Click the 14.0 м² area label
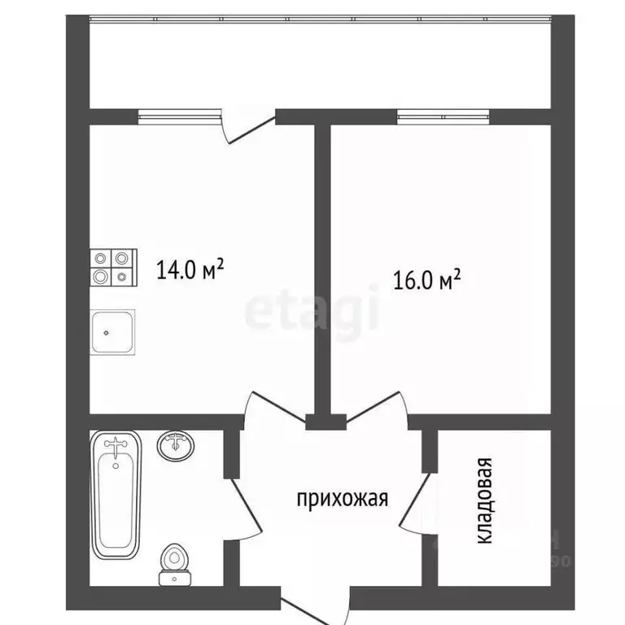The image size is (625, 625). coord(190,269)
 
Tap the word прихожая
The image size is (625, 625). coord(342,498)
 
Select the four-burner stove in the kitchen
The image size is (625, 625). coord(111,266)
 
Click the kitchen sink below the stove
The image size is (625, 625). coord(112,332)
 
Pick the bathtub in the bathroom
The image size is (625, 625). coord(116,494)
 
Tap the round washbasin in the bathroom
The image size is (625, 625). coord(176,445)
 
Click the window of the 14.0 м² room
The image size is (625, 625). coord(179,116)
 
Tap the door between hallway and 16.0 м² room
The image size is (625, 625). coord(374,407)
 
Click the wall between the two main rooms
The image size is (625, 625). coord(321,269)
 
